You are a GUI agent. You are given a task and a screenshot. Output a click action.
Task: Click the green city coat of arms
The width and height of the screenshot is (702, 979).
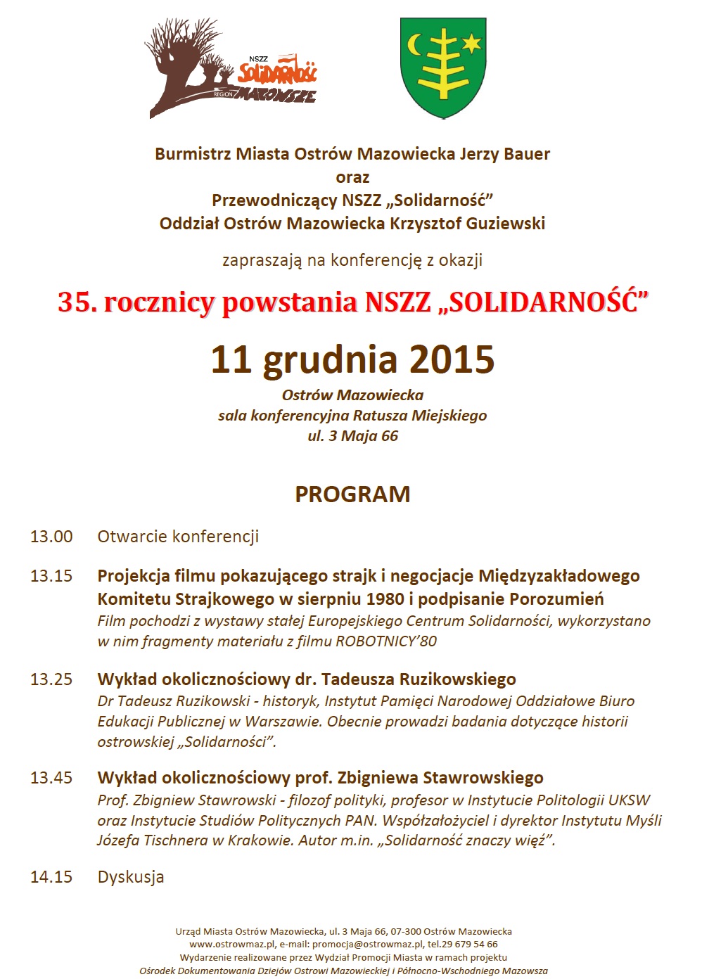coord(442,68)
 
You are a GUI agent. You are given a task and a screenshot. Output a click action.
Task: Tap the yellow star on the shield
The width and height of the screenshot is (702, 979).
coord(471,44)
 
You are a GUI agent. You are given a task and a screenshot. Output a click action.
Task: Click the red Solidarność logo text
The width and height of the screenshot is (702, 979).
coord(277,71)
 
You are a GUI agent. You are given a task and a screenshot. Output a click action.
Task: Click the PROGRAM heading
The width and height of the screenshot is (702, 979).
coord(352,494)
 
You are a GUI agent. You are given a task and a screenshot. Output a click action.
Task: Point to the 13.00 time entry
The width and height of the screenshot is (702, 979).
coord(51,537)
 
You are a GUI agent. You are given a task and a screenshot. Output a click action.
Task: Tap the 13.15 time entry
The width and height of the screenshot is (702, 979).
coord(51,576)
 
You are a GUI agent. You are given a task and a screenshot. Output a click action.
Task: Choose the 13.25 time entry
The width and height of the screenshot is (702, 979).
coord(51,679)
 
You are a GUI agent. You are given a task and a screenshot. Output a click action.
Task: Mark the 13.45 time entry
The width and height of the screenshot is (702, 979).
coord(51,778)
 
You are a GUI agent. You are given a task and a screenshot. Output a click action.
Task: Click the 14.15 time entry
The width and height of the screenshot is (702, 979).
coord(51,877)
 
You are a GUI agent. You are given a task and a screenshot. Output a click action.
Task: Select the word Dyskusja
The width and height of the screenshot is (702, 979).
coord(131,877)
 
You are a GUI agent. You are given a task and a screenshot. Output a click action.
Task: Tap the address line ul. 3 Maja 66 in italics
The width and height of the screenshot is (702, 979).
coord(352,436)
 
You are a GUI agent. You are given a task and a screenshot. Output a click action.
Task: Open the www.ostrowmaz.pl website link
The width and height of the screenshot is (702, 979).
coord(231,945)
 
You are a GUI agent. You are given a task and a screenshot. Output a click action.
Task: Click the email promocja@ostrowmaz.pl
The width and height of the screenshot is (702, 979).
coord(367,945)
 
